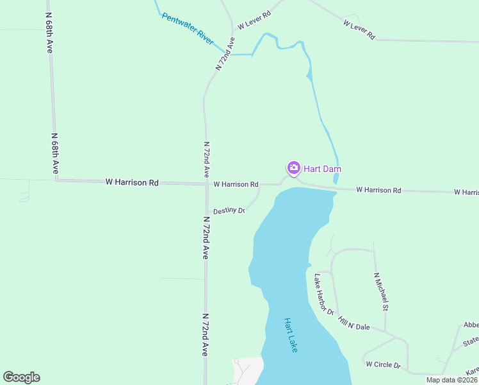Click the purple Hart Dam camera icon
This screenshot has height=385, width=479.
tap(293, 168)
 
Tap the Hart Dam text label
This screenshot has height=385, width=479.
tap(322, 169)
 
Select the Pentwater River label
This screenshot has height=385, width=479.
tap(187, 28)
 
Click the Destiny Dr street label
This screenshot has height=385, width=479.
tap(229, 210)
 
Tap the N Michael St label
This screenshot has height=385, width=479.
tap(381, 291)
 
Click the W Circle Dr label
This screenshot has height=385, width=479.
tap(383, 364)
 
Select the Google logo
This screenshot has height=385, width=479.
tap(22, 377)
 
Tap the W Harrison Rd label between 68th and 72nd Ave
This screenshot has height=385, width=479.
tap(132, 183)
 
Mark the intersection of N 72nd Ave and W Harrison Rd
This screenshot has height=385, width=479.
tap(206, 184)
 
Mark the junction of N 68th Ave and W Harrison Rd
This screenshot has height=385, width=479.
tap(56, 180)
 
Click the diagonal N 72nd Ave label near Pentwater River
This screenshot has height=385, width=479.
tap(225, 54)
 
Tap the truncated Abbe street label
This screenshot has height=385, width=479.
tap(471, 325)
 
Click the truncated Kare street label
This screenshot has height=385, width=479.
tap(472, 372)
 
